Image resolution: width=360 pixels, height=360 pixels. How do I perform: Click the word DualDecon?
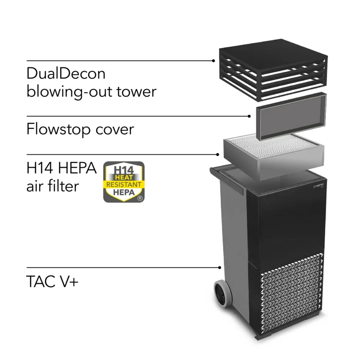(x=66, y=73)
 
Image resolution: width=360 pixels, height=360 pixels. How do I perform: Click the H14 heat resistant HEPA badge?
(x=124, y=182)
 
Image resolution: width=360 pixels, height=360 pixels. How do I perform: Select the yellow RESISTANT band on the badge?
(x=124, y=184)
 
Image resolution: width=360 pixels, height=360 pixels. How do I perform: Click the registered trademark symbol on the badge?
(x=139, y=198)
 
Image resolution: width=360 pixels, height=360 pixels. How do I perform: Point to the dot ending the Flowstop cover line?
(x=250, y=116)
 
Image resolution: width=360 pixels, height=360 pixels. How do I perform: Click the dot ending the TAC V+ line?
(x=220, y=267)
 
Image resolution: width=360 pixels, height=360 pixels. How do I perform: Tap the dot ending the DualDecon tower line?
(x=213, y=61)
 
